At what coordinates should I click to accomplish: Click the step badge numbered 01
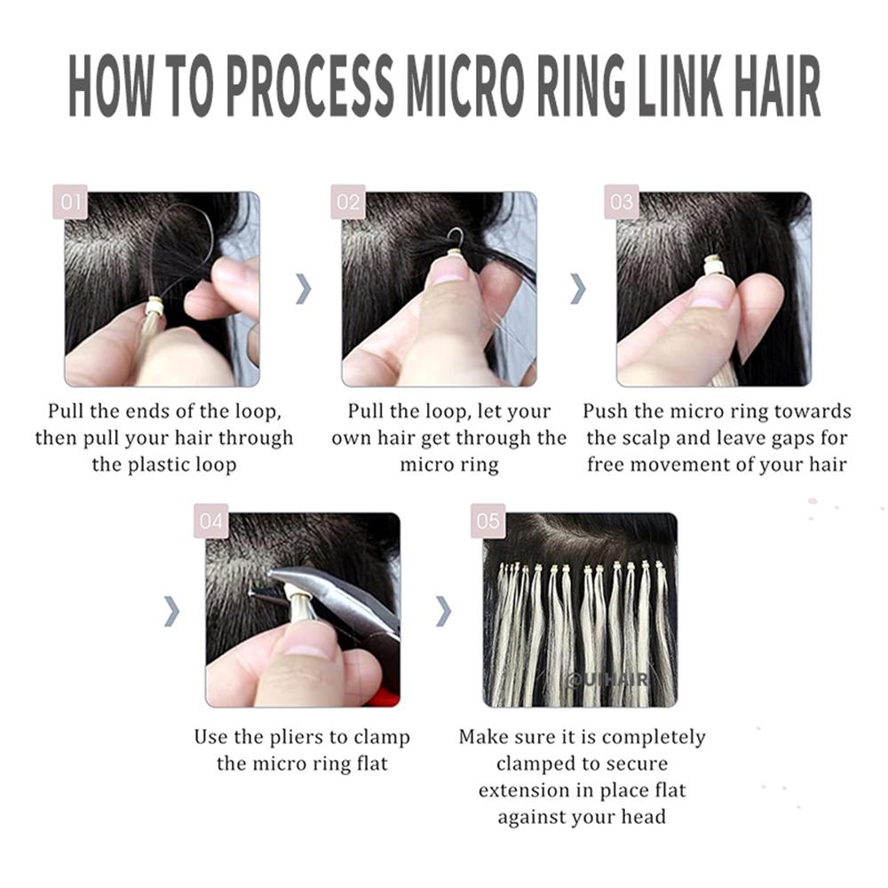point(71,202)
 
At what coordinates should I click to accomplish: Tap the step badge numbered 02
point(347,202)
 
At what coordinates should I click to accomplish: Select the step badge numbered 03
point(622,202)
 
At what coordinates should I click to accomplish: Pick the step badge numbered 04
point(211,521)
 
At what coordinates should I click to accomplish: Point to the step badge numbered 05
point(488,521)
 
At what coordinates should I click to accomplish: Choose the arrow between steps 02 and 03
point(578,289)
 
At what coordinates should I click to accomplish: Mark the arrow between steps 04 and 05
point(443,610)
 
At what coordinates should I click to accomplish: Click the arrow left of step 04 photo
point(172,610)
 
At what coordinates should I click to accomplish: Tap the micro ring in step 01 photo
point(155,306)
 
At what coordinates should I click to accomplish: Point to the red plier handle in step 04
point(384,696)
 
